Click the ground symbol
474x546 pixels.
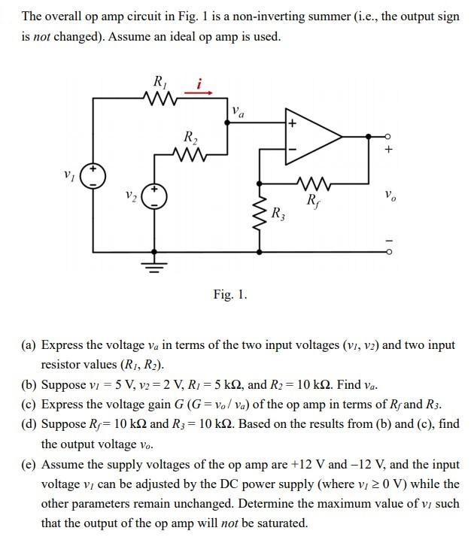(x=155, y=265)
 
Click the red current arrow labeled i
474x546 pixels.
(x=202, y=93)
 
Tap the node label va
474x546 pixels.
(x=239, y=113)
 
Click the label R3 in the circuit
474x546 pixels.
(x=278, y=213)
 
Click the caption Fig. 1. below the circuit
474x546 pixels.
(x=229, y=295)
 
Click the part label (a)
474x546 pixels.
(x=29, y=345)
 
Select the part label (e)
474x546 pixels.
(x=29, y=464)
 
